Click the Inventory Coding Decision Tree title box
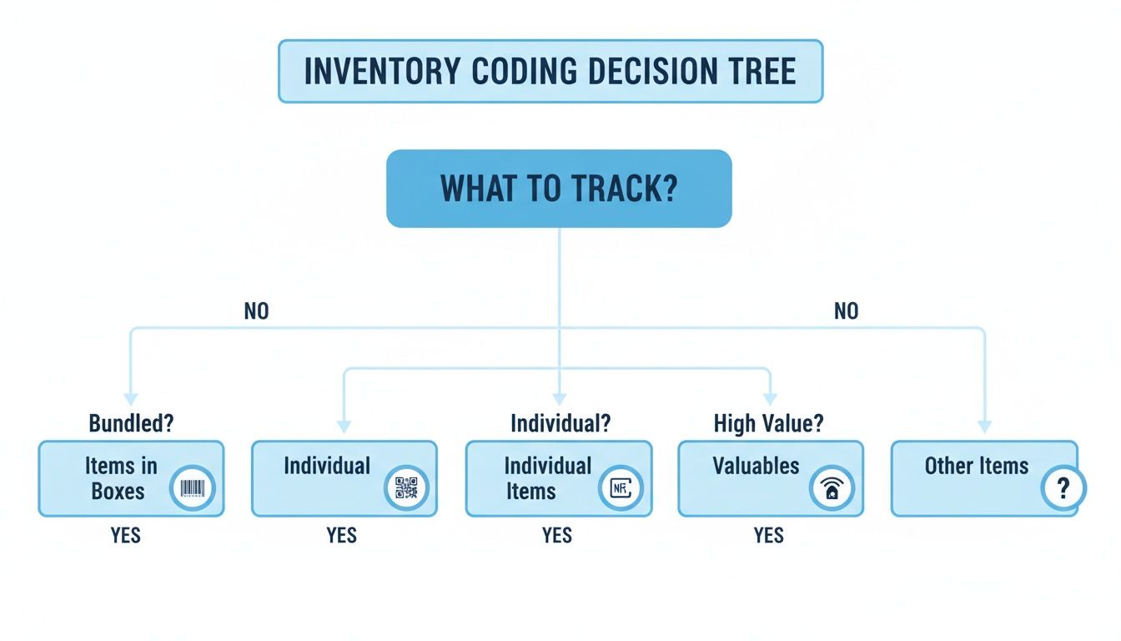pos(550,71)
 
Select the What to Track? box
pos(558,189)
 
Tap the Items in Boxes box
pos(131,478)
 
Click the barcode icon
pos(193,488)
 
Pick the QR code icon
pos(406,488)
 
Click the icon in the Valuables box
pos(832,489)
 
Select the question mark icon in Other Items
pos(1063,488)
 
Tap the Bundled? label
pos(131,423)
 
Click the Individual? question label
pos(560,423)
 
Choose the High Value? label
pos(768,423)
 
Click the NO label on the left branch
pos(257,311)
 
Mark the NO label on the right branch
pos(846,311)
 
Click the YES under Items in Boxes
pos(126,535)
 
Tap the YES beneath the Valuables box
pos(768,535)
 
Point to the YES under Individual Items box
pos(556,535)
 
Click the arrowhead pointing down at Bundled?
pos(130,399)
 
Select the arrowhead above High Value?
pos(769,399)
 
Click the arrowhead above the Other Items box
pos(984,425)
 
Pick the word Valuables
pos(756,466)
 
